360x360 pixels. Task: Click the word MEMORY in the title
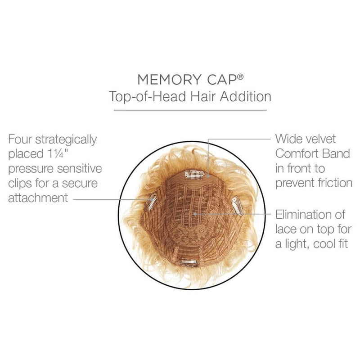click(169, 80)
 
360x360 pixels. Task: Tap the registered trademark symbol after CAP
click(240, 76)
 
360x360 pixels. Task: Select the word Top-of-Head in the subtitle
click(148, 96)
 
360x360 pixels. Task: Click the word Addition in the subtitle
click(245, 96)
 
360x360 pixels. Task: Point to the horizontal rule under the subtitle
click(190, 110)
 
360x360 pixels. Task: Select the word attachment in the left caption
click(38, 198)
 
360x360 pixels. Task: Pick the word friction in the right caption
click(335, 183)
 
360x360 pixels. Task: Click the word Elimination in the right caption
click(310, 215)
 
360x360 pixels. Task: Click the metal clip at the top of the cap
click(194, 174)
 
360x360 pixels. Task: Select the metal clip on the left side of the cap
click(151, 201)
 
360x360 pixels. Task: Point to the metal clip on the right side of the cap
click(237, 206)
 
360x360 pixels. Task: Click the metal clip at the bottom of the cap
click(188, 262)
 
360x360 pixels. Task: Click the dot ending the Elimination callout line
click(195, 214)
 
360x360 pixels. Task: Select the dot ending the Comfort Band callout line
click(208, 176)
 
